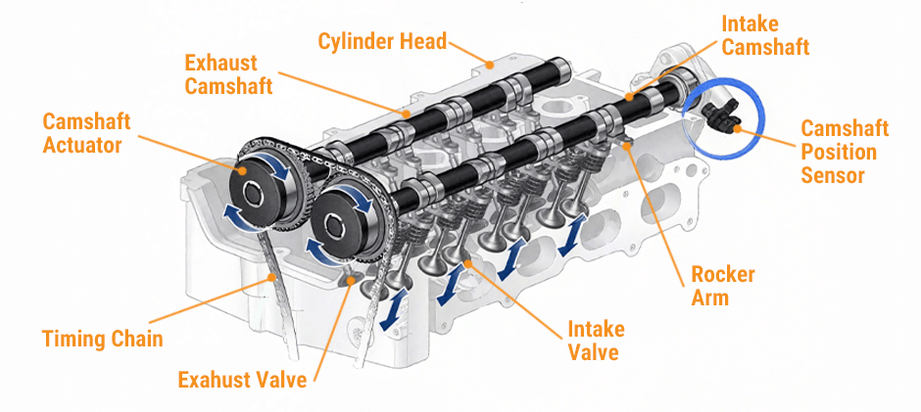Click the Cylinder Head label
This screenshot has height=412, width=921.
382,41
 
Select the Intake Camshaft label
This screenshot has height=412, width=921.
765,33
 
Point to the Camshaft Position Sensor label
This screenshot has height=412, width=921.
845,152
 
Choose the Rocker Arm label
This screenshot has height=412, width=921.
723,286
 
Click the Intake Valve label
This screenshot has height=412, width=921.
596,341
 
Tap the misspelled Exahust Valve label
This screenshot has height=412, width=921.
242,379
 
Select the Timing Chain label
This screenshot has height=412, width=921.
102,340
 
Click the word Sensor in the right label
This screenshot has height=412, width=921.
833,176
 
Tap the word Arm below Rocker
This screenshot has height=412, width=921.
710,298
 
